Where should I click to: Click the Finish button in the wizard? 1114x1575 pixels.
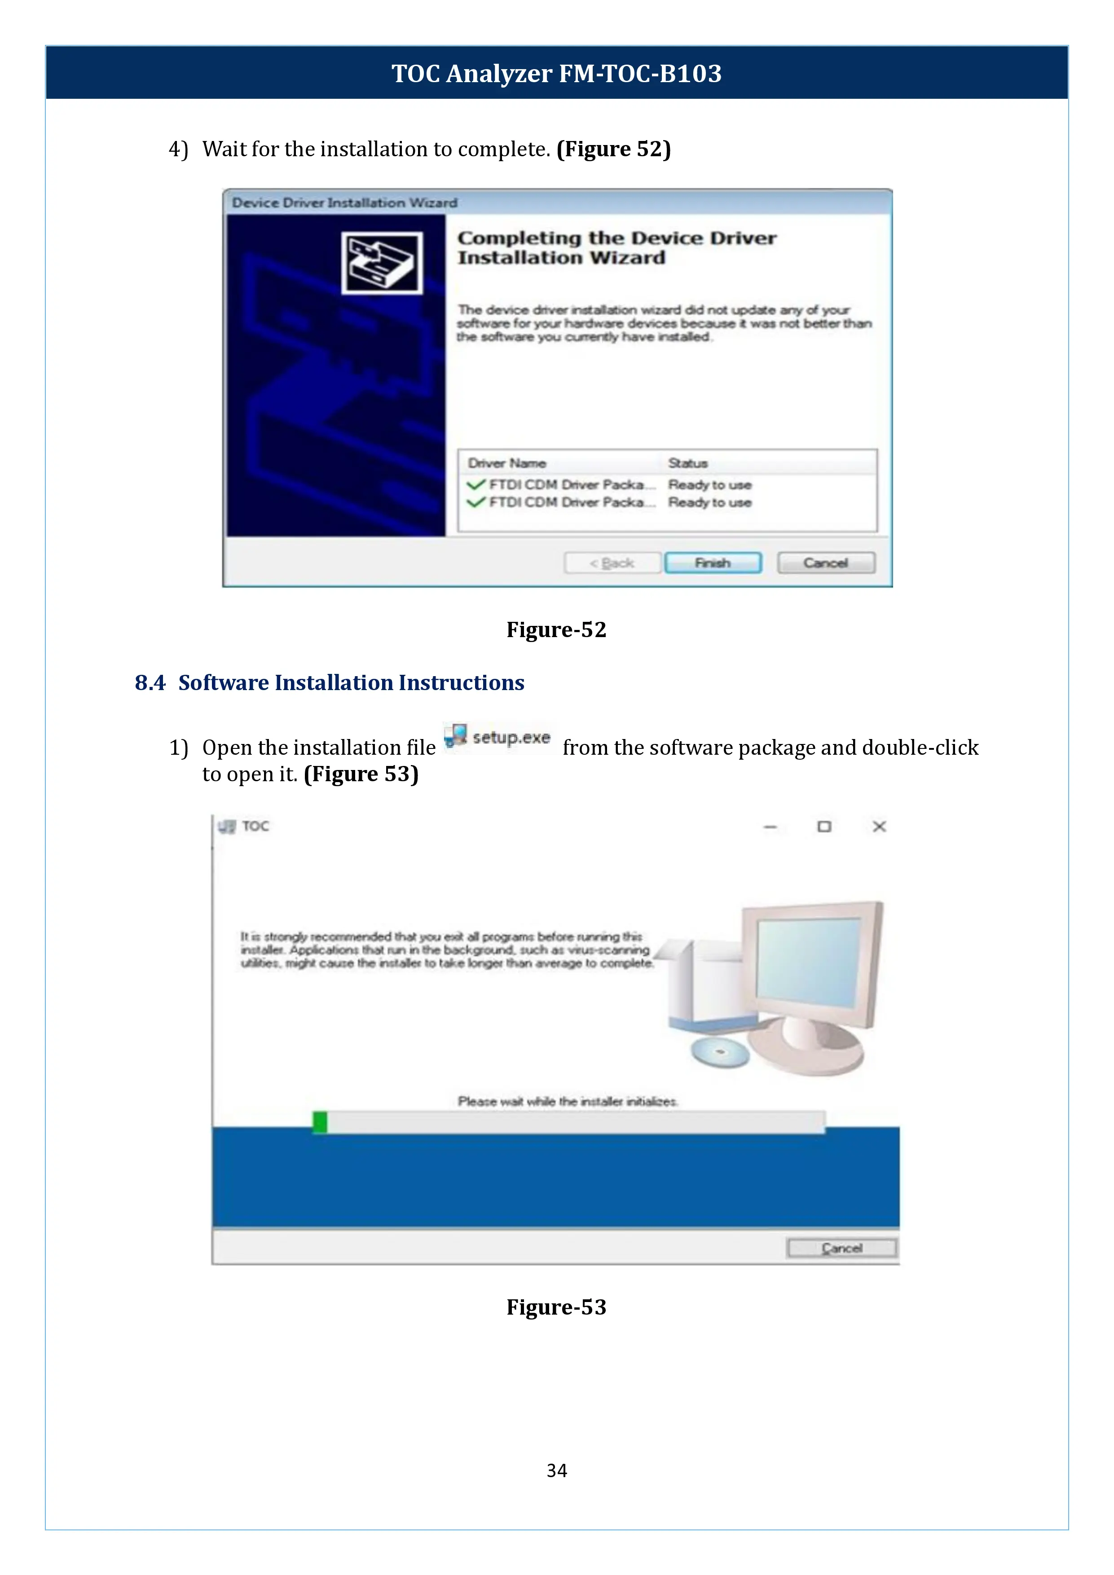coord(713,563)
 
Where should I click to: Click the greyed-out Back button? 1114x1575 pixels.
coord(612,563)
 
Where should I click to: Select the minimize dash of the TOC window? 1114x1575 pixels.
coord(771,827)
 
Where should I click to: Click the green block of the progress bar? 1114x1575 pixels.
coord(320,1122)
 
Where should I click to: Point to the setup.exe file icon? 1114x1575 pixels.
coord(455,736)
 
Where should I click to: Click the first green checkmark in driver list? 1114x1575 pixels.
coord(476,484)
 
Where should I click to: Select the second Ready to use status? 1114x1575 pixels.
coord(709,503)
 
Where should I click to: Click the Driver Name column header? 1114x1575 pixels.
coord(507,463)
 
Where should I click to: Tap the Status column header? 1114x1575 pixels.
coord(687,463)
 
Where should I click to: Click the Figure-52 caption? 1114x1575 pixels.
coord(556,630)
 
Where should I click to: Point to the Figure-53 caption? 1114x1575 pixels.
coord(556,1307)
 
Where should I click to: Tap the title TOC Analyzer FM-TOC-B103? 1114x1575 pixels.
coord(556,73)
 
